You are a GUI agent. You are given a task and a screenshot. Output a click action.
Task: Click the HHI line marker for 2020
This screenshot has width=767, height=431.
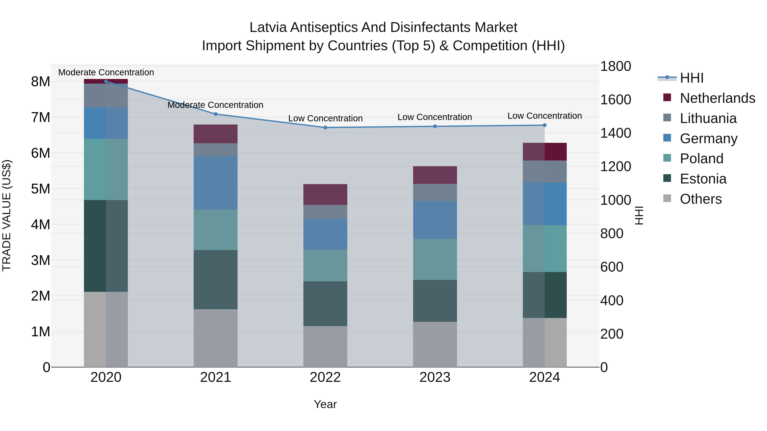pyautogui.click(x=106, y=81)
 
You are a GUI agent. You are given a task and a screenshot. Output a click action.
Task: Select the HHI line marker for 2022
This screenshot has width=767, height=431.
pyautogui.click(x=325, y=128)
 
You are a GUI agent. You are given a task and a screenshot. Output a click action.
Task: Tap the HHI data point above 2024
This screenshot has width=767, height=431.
pyautogui.click(x=545, y=125)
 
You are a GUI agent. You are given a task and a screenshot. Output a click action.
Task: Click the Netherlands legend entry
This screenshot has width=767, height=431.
pyautogui.click(x=717, y=98)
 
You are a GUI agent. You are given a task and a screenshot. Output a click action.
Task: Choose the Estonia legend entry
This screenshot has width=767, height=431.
pyautogui.click(x=703, y=179)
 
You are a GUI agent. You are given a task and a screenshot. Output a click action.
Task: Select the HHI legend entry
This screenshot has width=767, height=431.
pyautogui.click(x=691, y=78)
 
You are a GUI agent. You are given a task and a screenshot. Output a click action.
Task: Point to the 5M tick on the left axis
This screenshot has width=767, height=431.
pyautogui.click(x=40, y=189)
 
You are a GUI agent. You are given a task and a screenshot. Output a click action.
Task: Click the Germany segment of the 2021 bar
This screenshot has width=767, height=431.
pyautogui.click(x=216, y=183)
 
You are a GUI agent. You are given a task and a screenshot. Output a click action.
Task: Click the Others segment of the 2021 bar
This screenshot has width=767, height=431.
pyautogui.click(x=216, y=338)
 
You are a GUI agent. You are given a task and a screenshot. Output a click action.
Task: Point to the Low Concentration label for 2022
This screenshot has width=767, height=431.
pyautogui.click(x=325, y=118)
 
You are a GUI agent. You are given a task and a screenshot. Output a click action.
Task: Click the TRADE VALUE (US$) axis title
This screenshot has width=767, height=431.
pyautogui.click(x=7, y=215)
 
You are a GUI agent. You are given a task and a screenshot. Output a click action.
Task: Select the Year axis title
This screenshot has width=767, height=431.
pyautogui.click(x=325, y=404)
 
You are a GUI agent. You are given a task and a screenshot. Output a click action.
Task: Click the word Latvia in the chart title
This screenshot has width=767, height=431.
pyautogui.click(x=268, y=27)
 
